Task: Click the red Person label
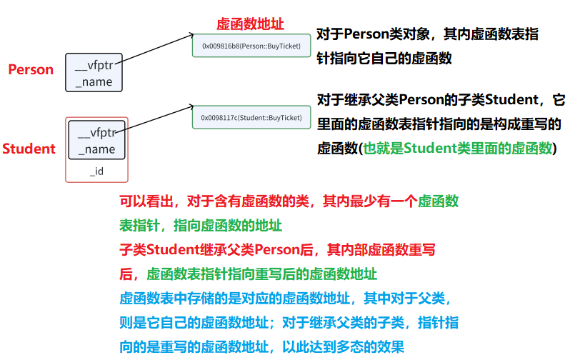coord(31,69)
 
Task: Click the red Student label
coord(29,149)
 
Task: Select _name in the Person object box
coord(94,81)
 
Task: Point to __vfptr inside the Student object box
coord(96,134)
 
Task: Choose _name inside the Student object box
coord(96,149)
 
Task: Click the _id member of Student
coord(96,171)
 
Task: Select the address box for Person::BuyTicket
coord(251,46)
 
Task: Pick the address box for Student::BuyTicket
coord(251,117)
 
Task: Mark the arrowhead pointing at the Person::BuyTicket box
coord(191,35)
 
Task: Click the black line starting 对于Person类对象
coord(427,34)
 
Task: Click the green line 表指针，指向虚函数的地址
coord(201,226)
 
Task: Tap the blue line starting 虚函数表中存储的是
coord(284,298)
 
